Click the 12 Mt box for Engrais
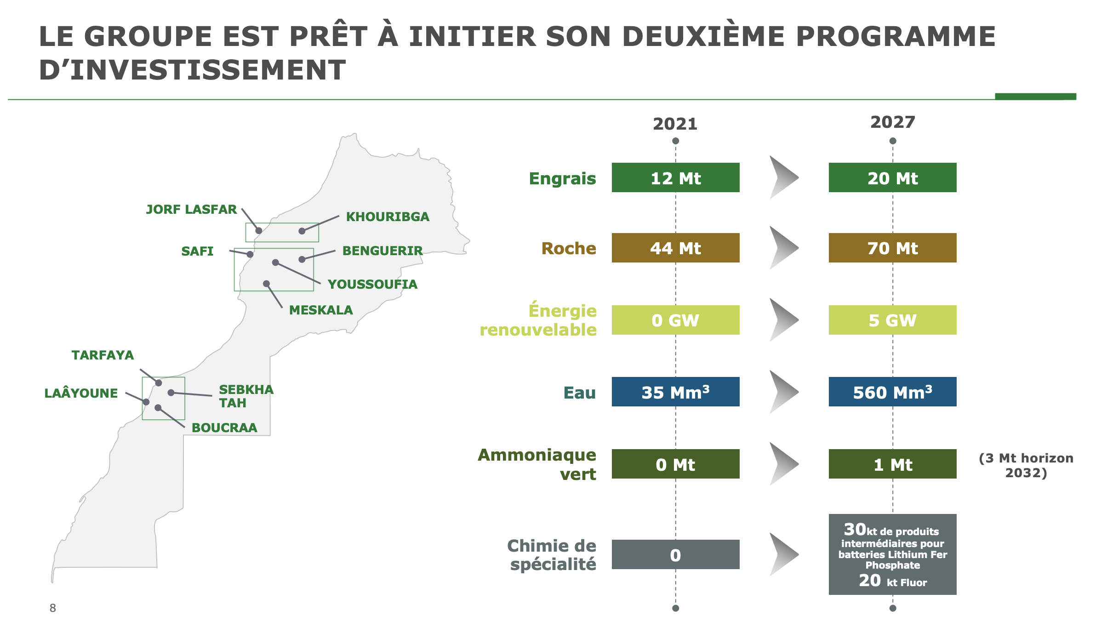pos(675,177)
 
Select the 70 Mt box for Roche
pos(892,248)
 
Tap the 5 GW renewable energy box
pos(892,320)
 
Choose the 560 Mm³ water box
pos(892,392)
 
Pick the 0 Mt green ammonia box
pos(675,464)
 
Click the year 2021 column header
pos(675,124)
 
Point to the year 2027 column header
pos(893,122)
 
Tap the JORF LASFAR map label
pos(191,210)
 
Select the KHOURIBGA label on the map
pos(388,217)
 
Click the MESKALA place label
pos(321,310)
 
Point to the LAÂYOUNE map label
pos(81,393)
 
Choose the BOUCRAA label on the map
pos(224,428)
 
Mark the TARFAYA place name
pos(103,355)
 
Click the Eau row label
pos(580,393)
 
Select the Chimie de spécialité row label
pos(552,555)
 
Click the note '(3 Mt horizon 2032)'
pos(1026,465)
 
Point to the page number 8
pos(53,608)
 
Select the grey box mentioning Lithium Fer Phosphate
pos(892,554)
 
